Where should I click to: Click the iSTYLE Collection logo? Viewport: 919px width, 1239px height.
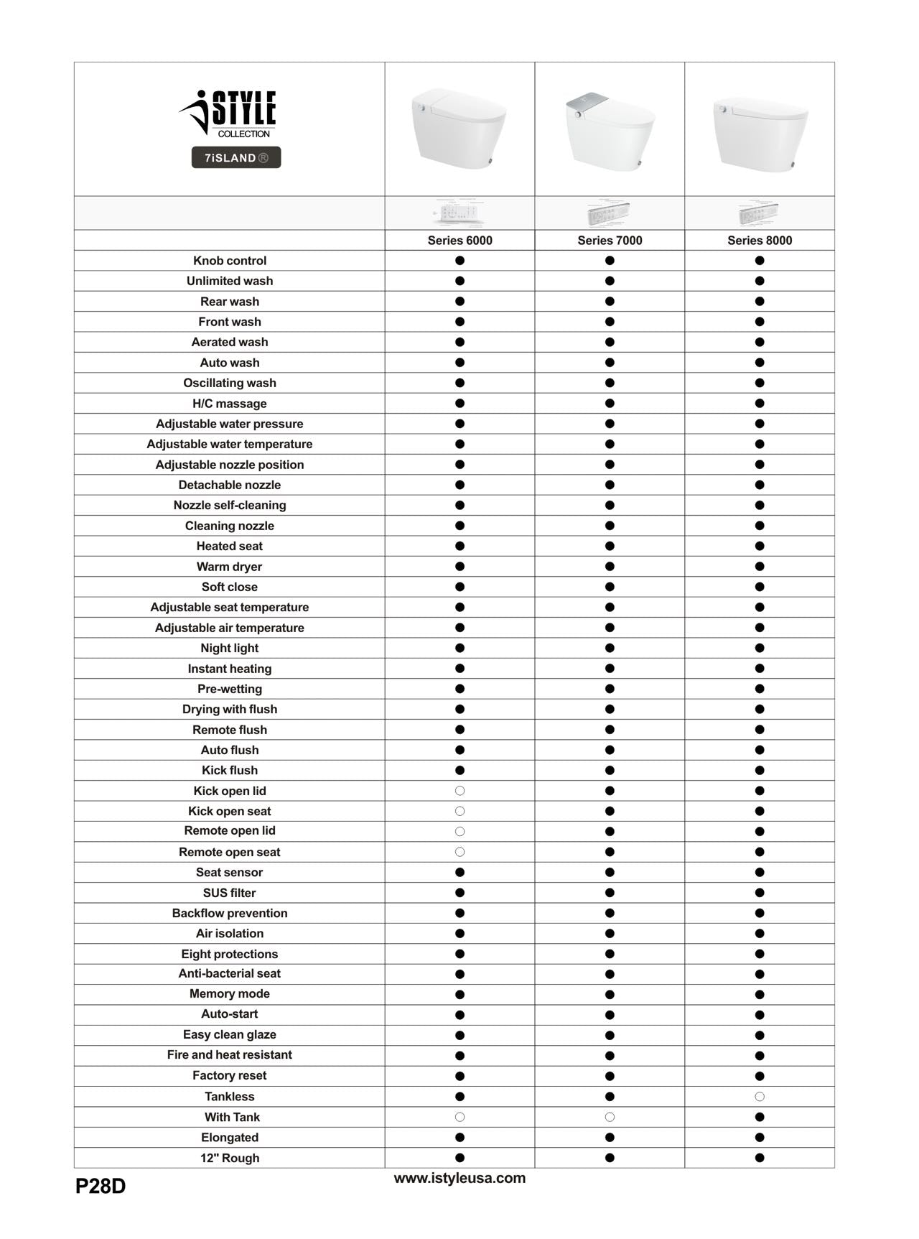(x=228, y=113)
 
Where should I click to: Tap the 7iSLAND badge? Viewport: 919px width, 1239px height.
(x=236, y=157)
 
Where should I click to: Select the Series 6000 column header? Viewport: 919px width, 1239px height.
(x=459, y=241)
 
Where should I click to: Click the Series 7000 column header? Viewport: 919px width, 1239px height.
(x=610, y=241)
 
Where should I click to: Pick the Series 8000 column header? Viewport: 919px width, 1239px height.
(x=760, y=241)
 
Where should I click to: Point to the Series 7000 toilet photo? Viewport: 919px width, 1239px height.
(x=609, y=131)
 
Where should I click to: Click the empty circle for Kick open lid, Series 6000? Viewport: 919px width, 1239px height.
(x=460, y=791)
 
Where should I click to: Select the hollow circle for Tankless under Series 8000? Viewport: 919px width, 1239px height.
(x=760, y=1097)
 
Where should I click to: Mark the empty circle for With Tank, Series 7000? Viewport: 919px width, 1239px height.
(x=610, y=1117)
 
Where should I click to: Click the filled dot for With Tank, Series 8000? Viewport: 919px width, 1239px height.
(x=760, y=1117)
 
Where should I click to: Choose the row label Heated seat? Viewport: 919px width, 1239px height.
(x=230, y=546)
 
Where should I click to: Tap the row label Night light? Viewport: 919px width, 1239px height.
(x=230, y=648)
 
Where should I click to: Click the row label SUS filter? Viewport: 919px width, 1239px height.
(x=230, y=893)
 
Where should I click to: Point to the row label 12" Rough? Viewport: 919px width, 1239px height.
(x=230, y=1158)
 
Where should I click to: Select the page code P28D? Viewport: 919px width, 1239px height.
(x=101, y=1187)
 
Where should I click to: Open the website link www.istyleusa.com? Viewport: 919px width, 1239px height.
(x=459, y=1178)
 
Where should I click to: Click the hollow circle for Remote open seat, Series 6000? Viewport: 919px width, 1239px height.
(x=460, y=852)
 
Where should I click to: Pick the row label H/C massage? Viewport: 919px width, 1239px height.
(x=230, y=404)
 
